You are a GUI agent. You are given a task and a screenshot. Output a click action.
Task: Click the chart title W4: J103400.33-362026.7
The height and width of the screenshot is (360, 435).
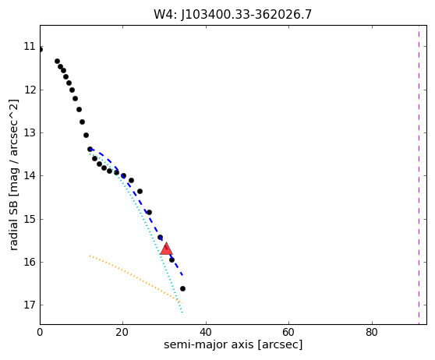click(x=233, y=14)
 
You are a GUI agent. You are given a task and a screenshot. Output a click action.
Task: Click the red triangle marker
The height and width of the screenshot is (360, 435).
click(x=166, y=249)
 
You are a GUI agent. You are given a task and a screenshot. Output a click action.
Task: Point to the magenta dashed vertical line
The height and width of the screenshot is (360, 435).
click(x=419, y=175)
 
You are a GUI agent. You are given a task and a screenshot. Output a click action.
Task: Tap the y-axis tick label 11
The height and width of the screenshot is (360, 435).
click(x=30, y=46)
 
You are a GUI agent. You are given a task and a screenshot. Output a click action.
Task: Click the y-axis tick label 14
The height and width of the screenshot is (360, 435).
click(x=30, y=175)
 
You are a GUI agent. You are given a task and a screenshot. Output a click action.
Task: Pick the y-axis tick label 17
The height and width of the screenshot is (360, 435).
click(x=30, y=305)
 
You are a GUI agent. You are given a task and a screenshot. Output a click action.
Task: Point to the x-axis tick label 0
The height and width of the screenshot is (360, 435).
click(x=40, y=332)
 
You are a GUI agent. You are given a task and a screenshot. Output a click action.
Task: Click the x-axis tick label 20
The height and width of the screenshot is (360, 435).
click(x=122, y=332)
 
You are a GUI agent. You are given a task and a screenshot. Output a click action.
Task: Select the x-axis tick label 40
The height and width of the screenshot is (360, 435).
click(x=206, y=332)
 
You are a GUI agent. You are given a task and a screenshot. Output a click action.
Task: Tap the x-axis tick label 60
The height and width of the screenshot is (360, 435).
click(x=288, y=332)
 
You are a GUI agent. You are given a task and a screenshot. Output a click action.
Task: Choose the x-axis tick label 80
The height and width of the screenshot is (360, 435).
click(x=372, y=332)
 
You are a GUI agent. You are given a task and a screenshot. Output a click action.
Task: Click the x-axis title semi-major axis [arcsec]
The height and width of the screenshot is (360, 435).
click(x=233, y=344)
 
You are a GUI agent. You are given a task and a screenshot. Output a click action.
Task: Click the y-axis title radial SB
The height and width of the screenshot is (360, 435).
click(x=13, y=221)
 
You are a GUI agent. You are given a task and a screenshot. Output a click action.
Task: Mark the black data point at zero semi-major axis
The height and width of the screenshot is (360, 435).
click(x=41, y=50)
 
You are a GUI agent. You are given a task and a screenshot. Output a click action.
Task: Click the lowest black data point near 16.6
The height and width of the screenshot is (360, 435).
click(x=182, y=289)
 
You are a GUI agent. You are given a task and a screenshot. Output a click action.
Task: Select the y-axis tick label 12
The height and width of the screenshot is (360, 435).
click(x=30, y=90)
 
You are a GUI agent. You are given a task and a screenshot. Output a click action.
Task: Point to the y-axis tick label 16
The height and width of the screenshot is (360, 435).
click(x=30, y=262)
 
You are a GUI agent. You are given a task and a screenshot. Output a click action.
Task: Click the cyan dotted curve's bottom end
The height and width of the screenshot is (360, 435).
click(x=182, y=312)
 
